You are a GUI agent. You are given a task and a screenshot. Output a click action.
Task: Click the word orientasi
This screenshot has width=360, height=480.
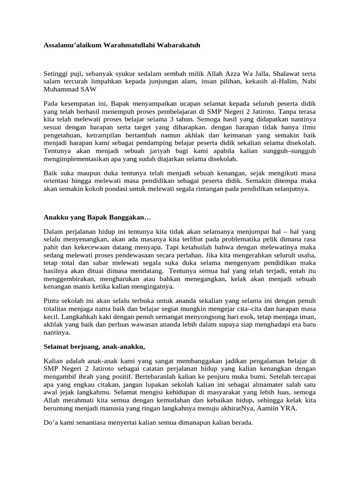pos(59,181)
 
